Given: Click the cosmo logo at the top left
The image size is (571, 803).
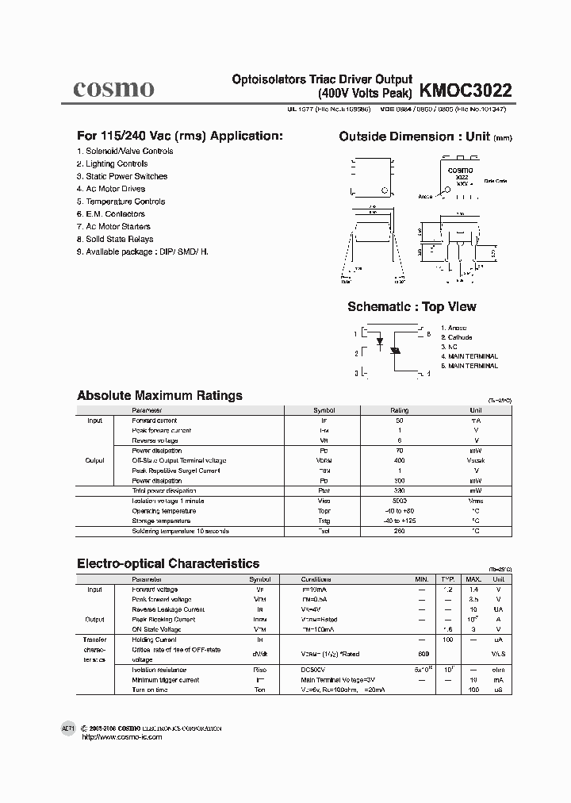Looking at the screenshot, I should pyautogui.click(x=113, y=88).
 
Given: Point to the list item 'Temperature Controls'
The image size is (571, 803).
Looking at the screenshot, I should pyautogui.click(x=122, y=202).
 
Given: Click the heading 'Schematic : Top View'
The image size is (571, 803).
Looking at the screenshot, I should pyautogui.click(x=412, y=307).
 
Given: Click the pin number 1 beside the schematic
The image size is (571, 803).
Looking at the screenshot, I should pyautogui.click(x=357, y=335).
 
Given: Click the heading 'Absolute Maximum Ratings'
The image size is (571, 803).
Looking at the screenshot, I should pyautogui.click(x=159, y=395).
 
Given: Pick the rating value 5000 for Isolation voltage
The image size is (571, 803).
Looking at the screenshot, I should pyautogui.click(x=399, y=501).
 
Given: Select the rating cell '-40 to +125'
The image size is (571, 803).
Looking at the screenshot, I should pyautogui.click(x=399, y=521).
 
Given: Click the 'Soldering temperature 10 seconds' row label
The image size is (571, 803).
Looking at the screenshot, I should pyautogui.click(x=180, y=531).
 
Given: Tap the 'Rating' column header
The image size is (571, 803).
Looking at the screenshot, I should pyautogui.click(x=399, y=410).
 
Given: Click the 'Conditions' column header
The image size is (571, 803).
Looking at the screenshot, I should pyautogui.click(x=318, y=579).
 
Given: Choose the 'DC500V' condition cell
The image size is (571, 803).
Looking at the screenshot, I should pyautogui.click(x=313, y=670).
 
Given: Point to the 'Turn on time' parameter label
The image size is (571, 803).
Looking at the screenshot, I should pyautogui.click(x=150, y=690).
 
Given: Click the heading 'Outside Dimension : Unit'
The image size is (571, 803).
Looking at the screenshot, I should pyautogui.click(x=414, y=136).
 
